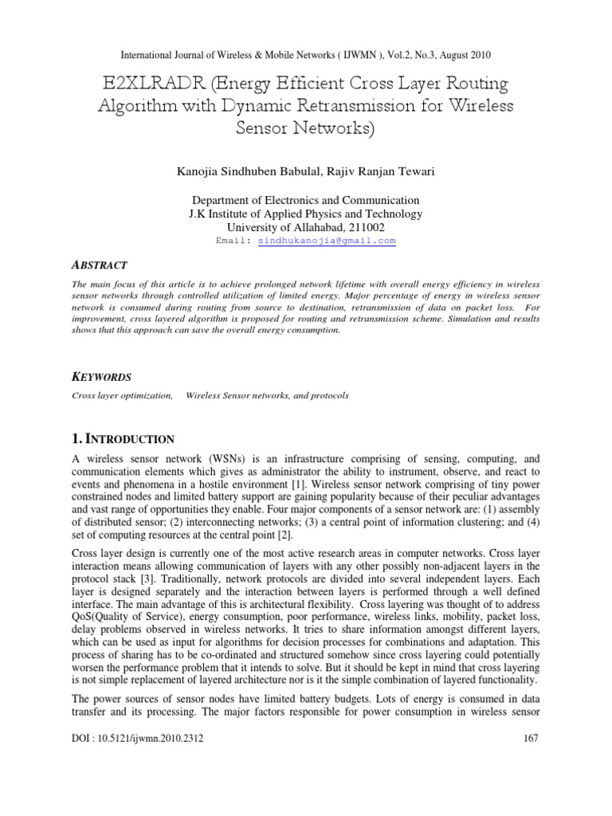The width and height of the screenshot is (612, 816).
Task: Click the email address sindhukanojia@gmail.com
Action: click(327, 241)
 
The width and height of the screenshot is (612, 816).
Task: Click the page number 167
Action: click(530, 739)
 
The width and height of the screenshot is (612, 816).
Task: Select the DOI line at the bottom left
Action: click(138, 739)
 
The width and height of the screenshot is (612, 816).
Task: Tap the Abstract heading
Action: click(100, 265)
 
